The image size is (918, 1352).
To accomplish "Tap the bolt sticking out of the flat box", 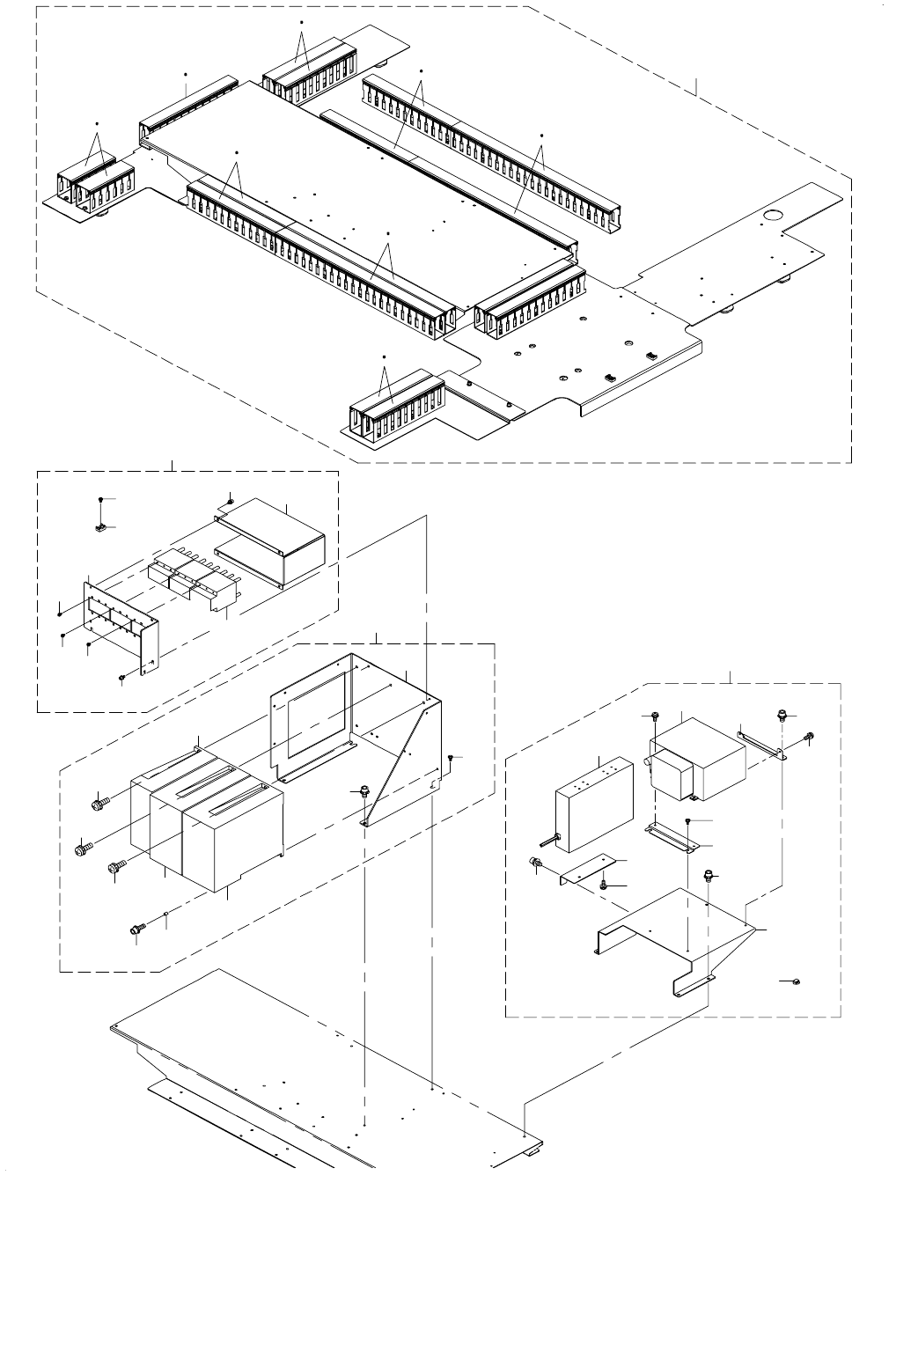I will (550, 841).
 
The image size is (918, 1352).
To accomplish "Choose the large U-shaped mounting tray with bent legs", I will (669, 933).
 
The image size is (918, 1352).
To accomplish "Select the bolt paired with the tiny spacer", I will (136, 929).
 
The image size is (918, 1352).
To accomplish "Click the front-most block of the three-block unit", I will (231, 845).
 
